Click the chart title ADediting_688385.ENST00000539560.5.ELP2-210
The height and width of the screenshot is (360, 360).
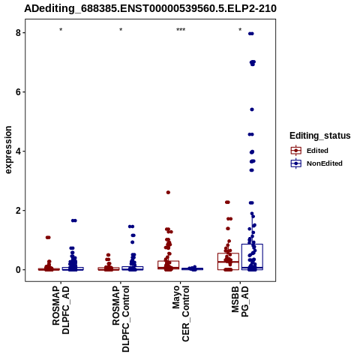click(x=150, y=8)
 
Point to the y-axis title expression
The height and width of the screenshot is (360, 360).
click(x=8, y=150)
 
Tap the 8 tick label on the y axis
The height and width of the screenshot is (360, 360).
click(x=18, y=33)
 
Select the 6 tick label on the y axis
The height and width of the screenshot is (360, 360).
click(x=18, y=92)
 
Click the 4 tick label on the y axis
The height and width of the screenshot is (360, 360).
click(x=18, y=151)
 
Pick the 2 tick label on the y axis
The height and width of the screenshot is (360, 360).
click(x=18, y=211)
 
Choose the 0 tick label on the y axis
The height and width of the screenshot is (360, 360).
click(x=18, y=270)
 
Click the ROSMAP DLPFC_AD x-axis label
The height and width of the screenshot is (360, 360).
click(x=61, y=310)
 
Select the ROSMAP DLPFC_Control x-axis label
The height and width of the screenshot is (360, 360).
click(x=121, y=319)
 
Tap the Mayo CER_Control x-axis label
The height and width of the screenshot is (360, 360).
click(x=181, y=313)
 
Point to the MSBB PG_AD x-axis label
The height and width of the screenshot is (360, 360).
click(x=240, y=301)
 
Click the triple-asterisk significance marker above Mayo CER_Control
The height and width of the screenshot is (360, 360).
click(x=181, y=30)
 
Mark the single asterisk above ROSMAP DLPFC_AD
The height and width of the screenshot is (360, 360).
click(x=61, y=30)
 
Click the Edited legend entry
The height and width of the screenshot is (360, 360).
click(x=310, y=151)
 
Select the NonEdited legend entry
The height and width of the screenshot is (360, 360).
click(x=316, y=163)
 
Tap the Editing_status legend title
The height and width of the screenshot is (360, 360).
click(x=320, y=136)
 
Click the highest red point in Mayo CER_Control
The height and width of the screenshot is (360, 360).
click(x=168, y=192)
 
